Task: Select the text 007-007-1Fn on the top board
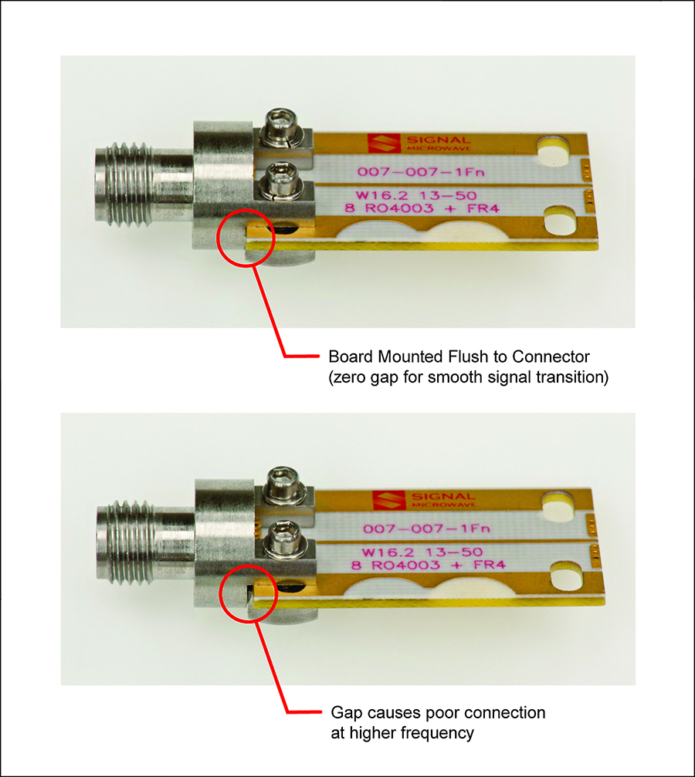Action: pos(421,172)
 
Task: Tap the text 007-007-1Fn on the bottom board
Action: pos(426,529)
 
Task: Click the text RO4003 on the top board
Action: pos(399,208)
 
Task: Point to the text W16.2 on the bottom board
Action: pos(387,552)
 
